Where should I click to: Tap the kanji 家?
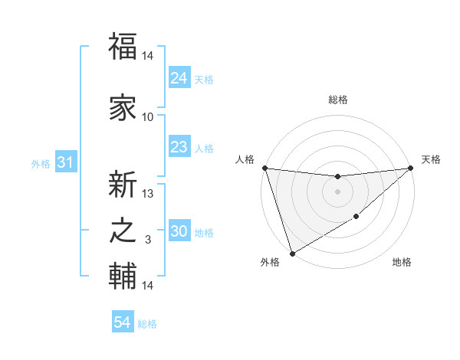pyautogui.click(x=123, y=107)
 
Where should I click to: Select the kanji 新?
pyautogui.click(x=123, y=185)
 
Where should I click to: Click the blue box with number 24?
pyautogui.click(x=179, y=77)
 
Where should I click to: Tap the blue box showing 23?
pyautogui.click(x=179, y=147)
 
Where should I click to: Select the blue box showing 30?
pyautogui.click(x=179, y=231)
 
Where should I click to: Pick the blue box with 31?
pyautogui.click(x=65, y=162)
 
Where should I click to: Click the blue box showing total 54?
pyautogui.click(x=123, y=322)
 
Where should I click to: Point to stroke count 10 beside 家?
pyautogui.click(x=148, y=117)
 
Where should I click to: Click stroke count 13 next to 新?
pyautogui.click(x=148, y=194)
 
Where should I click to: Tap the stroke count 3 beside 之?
pyautogui.click(x=148, y=240)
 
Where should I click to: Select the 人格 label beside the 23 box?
pyautogui.click(x=204, y=148)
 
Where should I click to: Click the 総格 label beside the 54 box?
pyautogui.click(x=147, y=323)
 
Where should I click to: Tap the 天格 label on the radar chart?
pyautogui.click(x=431, y=159)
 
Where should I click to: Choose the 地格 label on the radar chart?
pyautogui.click(x=402, y=263)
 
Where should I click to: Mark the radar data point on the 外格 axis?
pyautogui.click(x=291, y=253)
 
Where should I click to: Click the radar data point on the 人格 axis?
pyautogui.click(x=264, y=168)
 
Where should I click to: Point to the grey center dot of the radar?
pyautogui.click(x=337, y=191)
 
